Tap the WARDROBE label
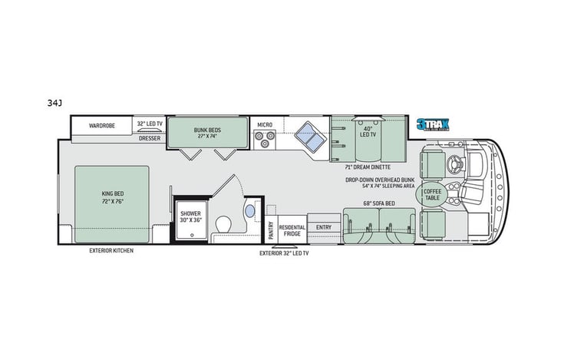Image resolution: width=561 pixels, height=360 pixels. point(101,124)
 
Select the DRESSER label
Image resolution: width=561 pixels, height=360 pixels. point(150,138)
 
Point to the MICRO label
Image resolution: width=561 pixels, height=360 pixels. point(265,124)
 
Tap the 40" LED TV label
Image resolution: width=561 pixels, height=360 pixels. point(368,131)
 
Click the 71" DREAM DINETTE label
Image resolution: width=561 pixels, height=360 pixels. point(368,167)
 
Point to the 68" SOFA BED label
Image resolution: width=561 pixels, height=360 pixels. point(379,203)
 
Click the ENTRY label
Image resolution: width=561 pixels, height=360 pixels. point(323,226)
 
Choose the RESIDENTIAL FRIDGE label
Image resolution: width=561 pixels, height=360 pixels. point(292,230)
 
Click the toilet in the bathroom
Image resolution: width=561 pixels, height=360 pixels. point(223,223)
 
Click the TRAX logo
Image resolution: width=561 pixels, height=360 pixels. point(434,124)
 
